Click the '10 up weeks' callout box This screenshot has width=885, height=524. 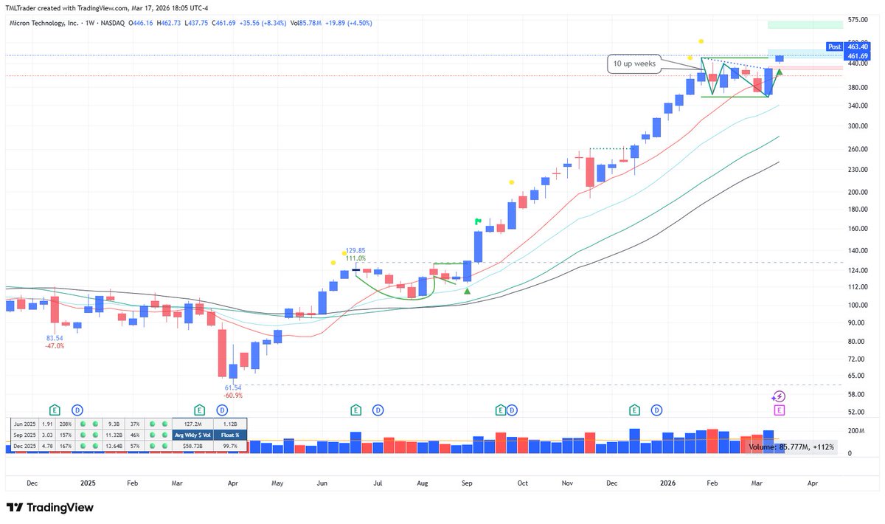(634, 64)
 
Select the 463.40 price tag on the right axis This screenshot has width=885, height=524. (857, 46)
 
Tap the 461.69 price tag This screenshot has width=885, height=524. (857, 56)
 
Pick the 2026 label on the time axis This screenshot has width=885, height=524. (668, 483)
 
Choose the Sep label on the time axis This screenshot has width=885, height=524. (467, 483)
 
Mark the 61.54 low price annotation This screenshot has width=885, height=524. (234, 387)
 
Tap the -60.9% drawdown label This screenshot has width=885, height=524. (234, 396)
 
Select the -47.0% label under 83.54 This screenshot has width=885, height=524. (54, 345)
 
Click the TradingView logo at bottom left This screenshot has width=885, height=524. (50, 508)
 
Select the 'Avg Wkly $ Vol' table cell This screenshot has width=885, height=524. (192, 435)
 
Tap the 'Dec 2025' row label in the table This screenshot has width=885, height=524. (24, 446)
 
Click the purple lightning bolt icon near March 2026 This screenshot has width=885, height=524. (779, 396)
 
